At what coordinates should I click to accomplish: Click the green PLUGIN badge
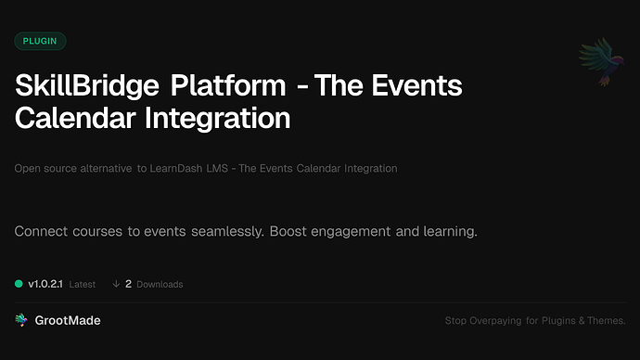tap(40, 41)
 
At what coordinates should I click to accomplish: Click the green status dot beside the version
tap(19, 284)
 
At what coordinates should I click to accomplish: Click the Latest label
tap(83, 284)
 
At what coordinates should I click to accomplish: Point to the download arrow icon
tap(116, 284)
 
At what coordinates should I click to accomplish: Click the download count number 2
tap(128, 284)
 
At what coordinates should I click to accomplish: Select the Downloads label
tap(160, 284)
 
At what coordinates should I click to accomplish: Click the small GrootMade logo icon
tap(20, 320)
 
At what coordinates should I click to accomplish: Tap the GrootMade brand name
tap(68, 320)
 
